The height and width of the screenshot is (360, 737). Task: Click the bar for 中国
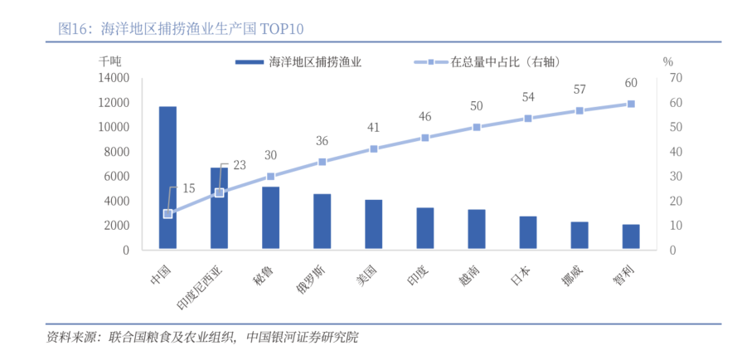[x=167, y=178]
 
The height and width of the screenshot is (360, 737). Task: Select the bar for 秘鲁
[x=270, y=218]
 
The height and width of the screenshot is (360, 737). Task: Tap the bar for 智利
[x=631, y=237]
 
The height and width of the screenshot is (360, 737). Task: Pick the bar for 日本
[x=528, y=233]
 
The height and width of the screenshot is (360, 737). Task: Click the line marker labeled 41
[x=374, y=148]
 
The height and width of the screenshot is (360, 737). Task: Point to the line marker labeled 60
[x=631, y=104]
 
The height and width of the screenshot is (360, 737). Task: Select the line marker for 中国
[x=167, y=213]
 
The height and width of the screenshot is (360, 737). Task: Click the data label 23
[x=239, y=165]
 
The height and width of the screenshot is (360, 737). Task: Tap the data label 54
[x=528, y=97]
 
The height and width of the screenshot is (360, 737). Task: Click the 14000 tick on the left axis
[x=113, y=78]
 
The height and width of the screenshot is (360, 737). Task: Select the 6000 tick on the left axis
[x=116, y=176]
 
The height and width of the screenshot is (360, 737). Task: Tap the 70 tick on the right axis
[x=675, y=78]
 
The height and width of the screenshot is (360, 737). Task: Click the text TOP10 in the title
[x=282, y=29]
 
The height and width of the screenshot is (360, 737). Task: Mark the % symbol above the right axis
[x=667, y=61]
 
